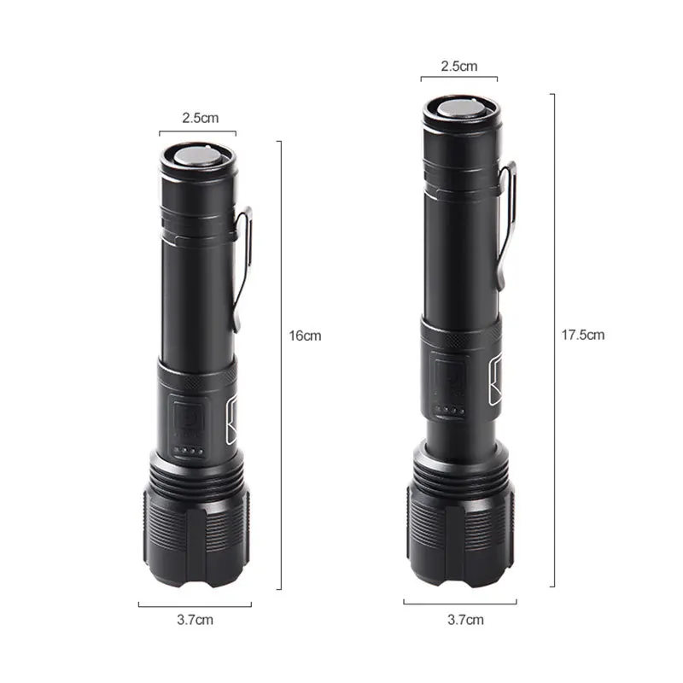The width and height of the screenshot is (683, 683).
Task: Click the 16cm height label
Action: [x=305, y=336]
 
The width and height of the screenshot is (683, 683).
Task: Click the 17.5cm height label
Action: [x=584, y=335]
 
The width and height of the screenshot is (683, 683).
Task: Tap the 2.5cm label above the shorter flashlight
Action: [x=198, y=119]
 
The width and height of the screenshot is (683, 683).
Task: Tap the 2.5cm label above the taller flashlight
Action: [x=459, y=66]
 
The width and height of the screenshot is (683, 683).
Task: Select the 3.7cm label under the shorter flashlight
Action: [x=196, y=620]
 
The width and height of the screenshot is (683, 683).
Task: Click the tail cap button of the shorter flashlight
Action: [x=197, y=158]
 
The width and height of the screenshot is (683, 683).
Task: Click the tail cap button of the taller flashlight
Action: [x=461, y=110]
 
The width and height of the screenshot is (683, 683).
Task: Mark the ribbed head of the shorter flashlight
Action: [x=197, y=534]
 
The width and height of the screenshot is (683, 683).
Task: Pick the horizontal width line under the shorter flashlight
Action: [x=195, y=605]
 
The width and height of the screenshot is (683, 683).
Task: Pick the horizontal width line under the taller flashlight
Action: [x=460, y=603]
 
